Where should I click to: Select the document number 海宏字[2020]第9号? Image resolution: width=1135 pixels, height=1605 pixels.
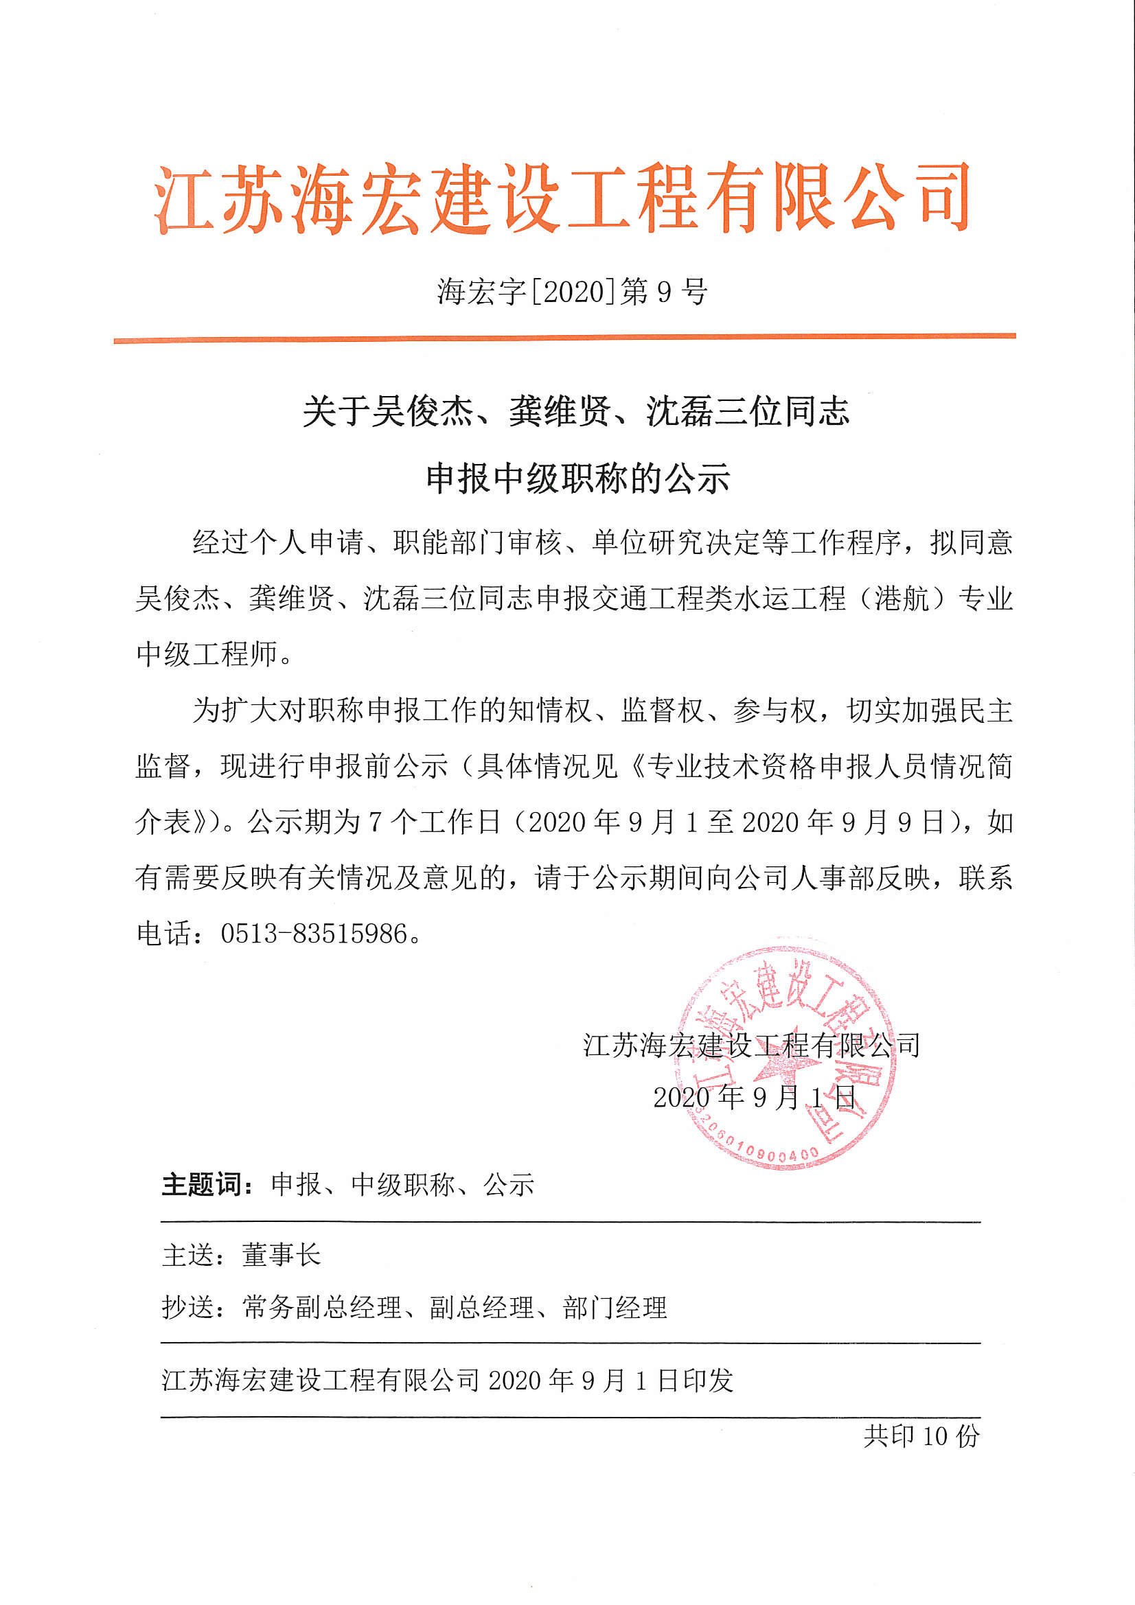[572, 292]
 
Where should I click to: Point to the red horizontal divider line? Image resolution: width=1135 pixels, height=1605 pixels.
[564, 339]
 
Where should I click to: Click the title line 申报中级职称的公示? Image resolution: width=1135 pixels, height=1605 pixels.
[577, 479]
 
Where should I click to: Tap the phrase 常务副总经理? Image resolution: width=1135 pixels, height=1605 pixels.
[323, 1307]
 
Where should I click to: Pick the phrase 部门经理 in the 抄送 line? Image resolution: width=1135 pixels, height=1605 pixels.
[615, 1307]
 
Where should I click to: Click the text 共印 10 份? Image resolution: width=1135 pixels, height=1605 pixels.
[921, 1436]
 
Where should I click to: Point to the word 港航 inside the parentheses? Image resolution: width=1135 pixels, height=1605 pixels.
[902, 599]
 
